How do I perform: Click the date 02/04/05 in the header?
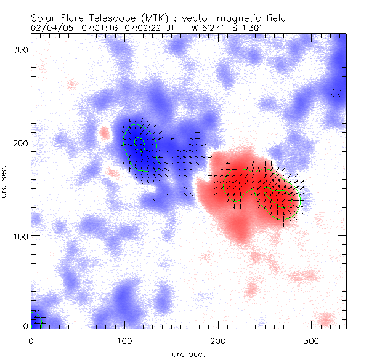(49, 28)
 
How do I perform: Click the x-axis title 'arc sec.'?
(187, 353)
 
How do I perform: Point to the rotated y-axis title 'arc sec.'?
(6, 181)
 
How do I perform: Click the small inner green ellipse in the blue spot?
(140, 144)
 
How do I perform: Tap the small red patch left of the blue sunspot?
(104, 132)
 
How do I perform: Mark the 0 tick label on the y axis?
(25, 326)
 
